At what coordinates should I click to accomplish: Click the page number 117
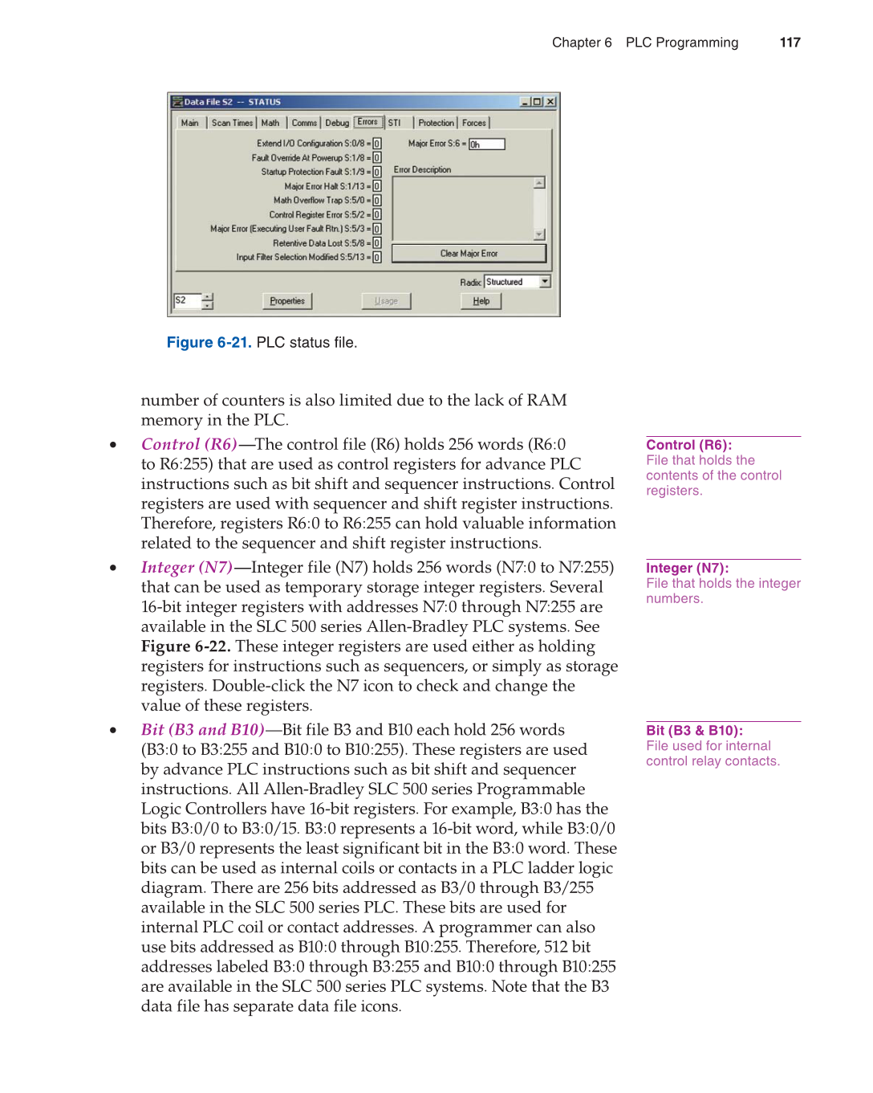click(790, 43)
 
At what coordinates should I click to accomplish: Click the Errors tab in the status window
click(367, 122)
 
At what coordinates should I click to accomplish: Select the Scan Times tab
click(232, 123)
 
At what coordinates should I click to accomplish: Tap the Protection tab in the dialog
click(436, 123)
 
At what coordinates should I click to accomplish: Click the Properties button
click(287, 301)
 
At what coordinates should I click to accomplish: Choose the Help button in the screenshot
click(481, 301)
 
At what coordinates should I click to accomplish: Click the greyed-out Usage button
click(386, 301)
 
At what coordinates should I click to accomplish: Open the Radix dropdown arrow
click(546, 282)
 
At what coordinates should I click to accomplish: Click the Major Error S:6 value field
click(487, 145)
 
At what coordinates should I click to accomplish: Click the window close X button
click(550, 102)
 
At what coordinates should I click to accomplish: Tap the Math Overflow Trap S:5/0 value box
click(377, 201)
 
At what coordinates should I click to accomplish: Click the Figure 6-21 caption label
click(209, 343)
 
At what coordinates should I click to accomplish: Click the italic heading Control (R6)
click(189, 444)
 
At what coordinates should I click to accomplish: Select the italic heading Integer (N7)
click(186, 568)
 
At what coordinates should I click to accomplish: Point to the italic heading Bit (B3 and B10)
click(202, 730)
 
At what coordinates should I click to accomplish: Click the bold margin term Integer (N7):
click(687, 568)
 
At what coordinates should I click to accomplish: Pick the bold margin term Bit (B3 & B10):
click(694, 730)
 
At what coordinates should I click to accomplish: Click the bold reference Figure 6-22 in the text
click(185, 646)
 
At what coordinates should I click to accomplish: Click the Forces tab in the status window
click(474, 123)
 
